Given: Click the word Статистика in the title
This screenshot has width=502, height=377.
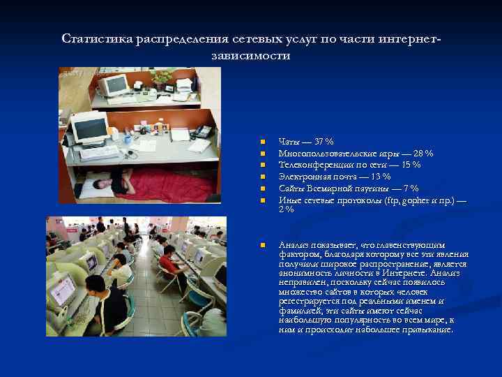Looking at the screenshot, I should tap(93, 38).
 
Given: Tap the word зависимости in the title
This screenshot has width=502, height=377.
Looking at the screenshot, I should tap(249, 55).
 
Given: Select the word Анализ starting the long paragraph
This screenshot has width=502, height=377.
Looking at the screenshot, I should tap(294, 244).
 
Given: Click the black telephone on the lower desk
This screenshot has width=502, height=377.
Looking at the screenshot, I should tap(203, 131).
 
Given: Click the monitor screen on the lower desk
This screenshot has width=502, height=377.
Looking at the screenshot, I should tap(89, 128).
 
